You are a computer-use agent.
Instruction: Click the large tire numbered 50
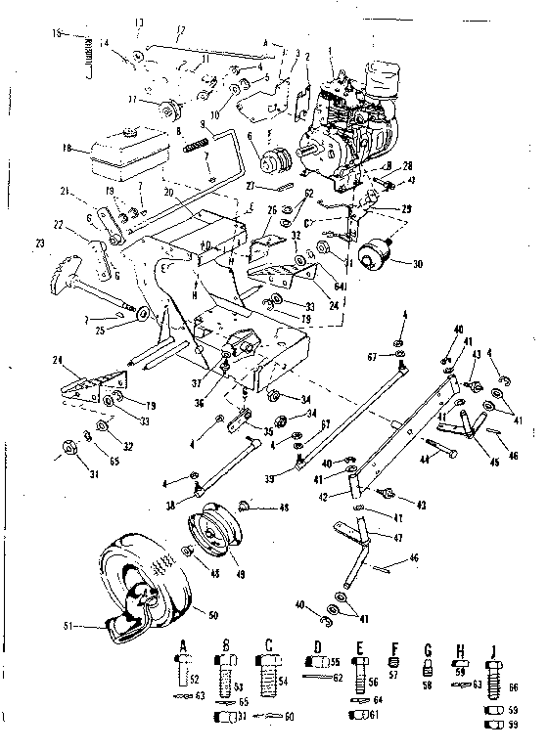pyautogui.click(x=147, y=587)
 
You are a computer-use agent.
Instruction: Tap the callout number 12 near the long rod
pyautogui.click(x=179, y=30)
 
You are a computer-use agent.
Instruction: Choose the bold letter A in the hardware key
pyautogui.click(x=183, y=642)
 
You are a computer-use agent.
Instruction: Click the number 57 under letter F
pyautogui.click(x=395, y=675)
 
